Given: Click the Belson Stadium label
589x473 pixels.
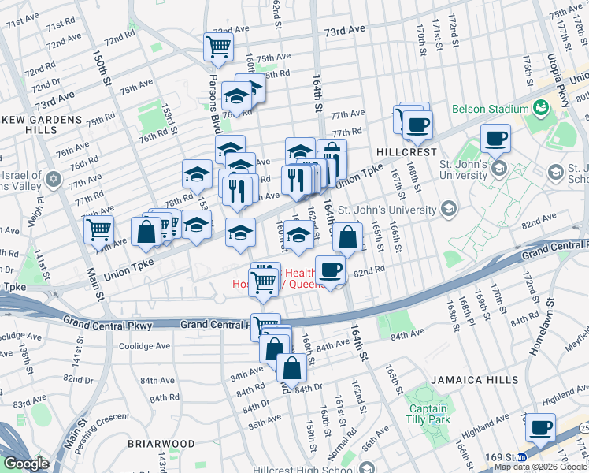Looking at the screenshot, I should pyautogui.click(x=489, y=109).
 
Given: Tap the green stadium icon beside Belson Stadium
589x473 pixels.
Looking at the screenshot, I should pyautogui.click(x=542, y=107).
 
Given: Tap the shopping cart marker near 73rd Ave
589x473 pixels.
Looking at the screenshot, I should pyautogui.click(x=218, y=46).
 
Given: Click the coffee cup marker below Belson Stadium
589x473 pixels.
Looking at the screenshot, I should pyautogui.click(x=495, y=139).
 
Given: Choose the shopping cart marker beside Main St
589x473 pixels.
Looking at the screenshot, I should pyautogui.click(x=98, y=229).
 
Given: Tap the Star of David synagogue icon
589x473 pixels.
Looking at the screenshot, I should pyautogui.click(x=53, y=179).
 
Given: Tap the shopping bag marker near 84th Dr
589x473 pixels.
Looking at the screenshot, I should pyautogui.click(x=291, y=367).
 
